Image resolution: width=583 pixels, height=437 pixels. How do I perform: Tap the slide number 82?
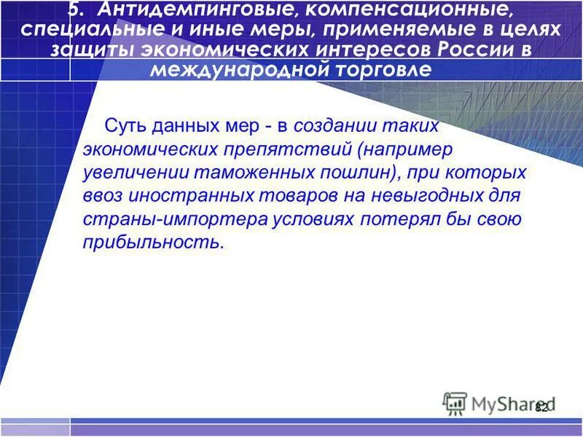pos(541,408)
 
